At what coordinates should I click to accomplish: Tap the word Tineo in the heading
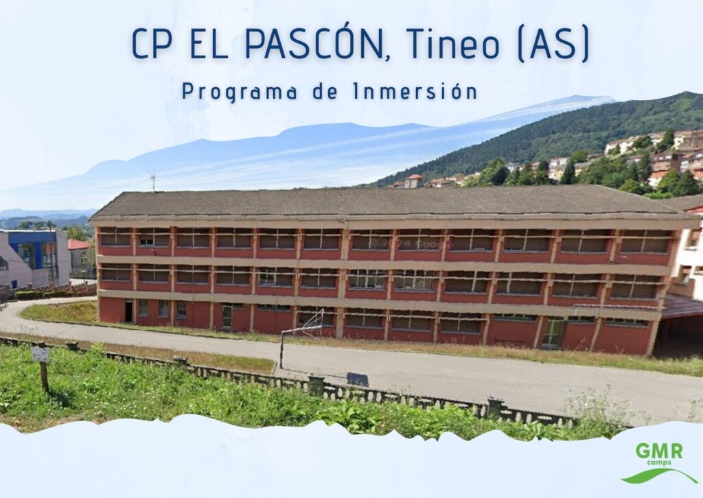[453, 44]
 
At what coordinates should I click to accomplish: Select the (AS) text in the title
[553, 45]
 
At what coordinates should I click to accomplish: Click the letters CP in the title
[151, 44]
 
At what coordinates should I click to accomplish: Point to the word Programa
[240, 93]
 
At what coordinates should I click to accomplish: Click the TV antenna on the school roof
[153, 180]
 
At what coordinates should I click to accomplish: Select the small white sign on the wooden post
[40, 355]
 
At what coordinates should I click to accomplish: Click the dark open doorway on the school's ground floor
[128, 311]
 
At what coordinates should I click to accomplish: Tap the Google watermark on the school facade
[411, 244]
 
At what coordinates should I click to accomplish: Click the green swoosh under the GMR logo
[658, 476]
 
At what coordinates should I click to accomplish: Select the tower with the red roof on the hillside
[413, 181]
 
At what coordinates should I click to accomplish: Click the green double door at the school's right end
[553, 332]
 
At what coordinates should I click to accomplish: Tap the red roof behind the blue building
[78, 244]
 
